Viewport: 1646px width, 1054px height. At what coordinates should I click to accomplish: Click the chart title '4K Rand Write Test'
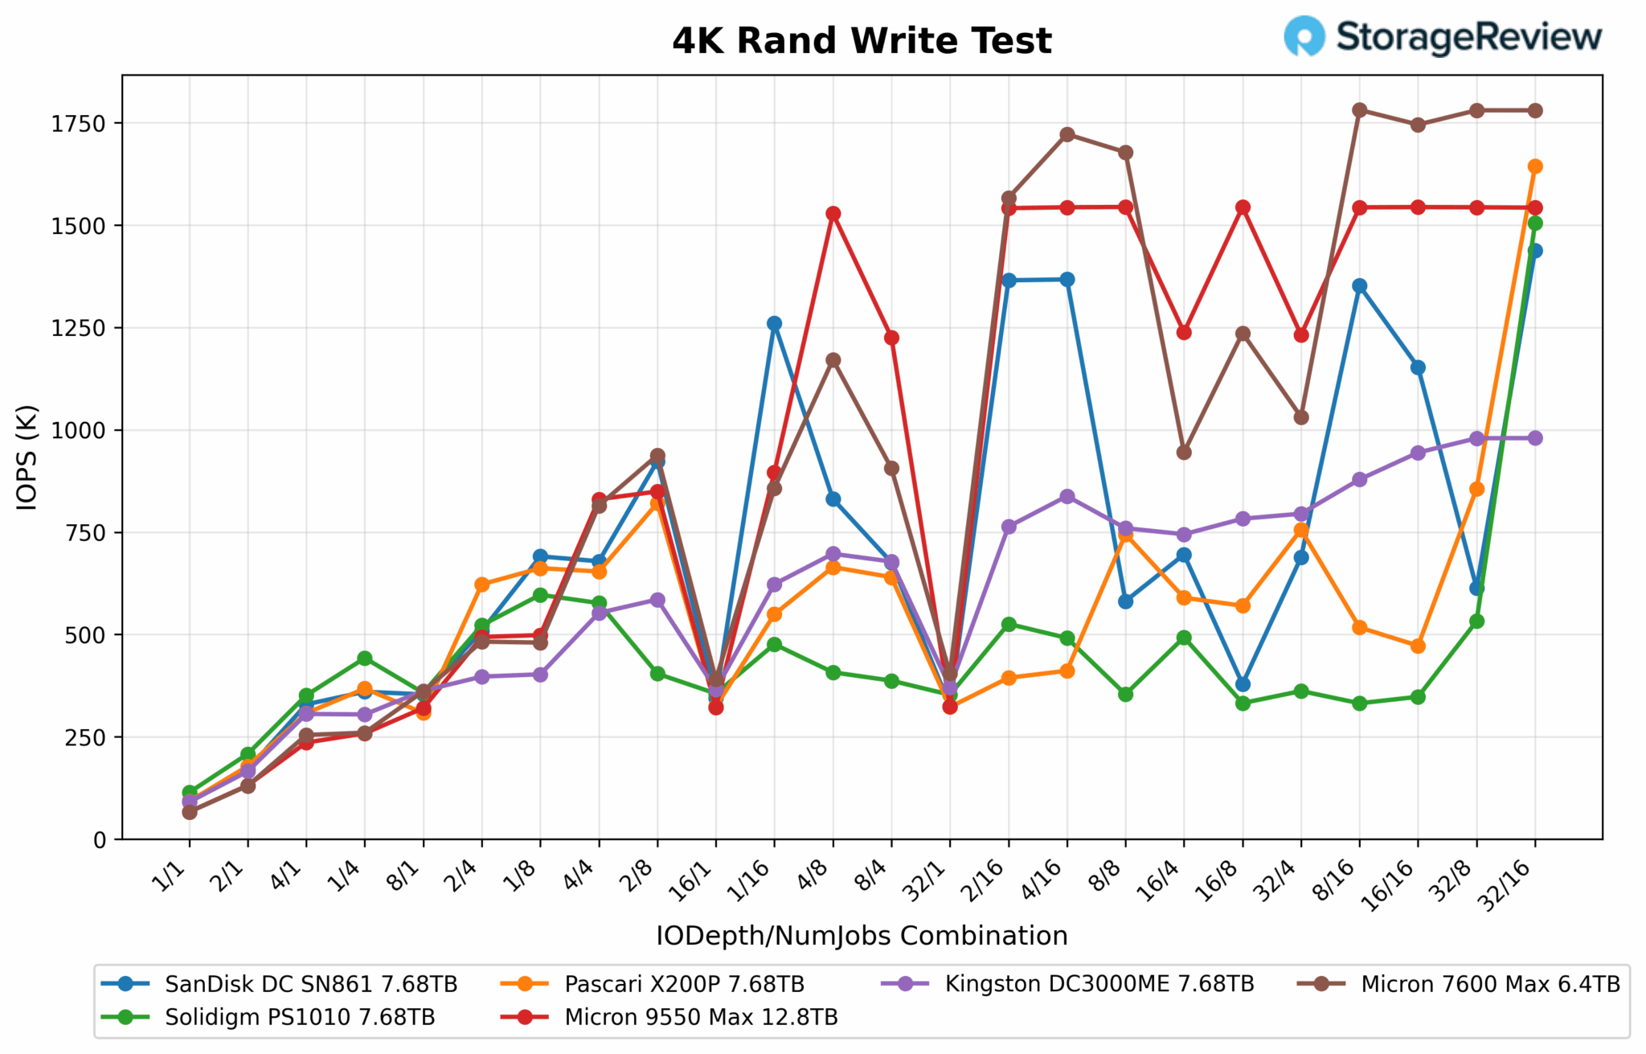(x=862, y=41)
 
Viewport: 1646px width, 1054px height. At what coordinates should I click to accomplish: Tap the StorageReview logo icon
(x=1304, y=36)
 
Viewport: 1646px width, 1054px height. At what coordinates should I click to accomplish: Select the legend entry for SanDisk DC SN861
(x=310, y=984)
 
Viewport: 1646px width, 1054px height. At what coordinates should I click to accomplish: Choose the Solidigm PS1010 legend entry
(x=299, y=1017)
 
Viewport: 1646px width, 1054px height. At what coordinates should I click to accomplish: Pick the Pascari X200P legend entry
(x=683, y=984)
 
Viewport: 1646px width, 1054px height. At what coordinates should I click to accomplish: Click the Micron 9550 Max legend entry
(x=700, y=1017)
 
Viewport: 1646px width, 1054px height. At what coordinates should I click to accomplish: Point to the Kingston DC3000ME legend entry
(x=1099, y=984)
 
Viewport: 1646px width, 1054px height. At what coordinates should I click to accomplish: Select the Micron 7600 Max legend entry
(x=1489, y=984)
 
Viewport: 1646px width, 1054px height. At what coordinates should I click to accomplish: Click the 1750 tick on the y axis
(x=79, y=124)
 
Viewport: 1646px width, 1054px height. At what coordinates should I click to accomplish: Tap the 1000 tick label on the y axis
(x=79, y=431)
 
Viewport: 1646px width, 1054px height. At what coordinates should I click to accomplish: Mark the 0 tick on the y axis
(x=100, y=840)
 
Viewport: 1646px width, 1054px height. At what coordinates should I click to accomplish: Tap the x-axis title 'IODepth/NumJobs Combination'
(x=862, y=936)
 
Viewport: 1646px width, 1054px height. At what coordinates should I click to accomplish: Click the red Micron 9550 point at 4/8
(x=833, y=214)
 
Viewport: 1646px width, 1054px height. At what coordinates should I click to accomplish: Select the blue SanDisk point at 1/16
(x=774, y=323)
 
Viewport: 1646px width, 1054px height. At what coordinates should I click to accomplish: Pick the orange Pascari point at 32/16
(x=1535, y=166)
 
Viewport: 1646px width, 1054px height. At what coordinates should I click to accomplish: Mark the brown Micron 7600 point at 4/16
(x=1067, y=134)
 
